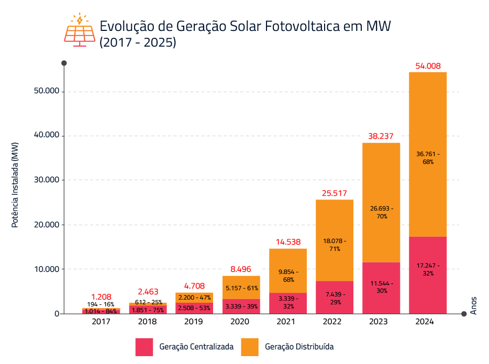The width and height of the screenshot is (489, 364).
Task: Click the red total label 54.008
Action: [x=428, y=66]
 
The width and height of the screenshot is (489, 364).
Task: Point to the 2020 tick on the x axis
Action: [x=241, y=322]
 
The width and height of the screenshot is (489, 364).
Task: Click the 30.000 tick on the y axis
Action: [x=47, y=180]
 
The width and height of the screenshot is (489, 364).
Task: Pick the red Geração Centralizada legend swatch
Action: [x=144, y=347]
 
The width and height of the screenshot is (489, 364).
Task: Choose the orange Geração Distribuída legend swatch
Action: [x=250, y=347]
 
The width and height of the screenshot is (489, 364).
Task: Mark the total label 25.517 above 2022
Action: [x=334, y=194]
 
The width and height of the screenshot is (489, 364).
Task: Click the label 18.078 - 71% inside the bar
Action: [x=334, y=245]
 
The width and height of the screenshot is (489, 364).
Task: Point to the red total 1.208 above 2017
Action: [x=101, y=296]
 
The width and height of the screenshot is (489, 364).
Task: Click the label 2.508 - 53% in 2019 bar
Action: [x=194, y=308]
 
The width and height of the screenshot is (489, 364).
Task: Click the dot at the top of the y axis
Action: [x=64, y=63]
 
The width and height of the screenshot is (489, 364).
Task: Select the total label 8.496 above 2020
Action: [x=241, y=269]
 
